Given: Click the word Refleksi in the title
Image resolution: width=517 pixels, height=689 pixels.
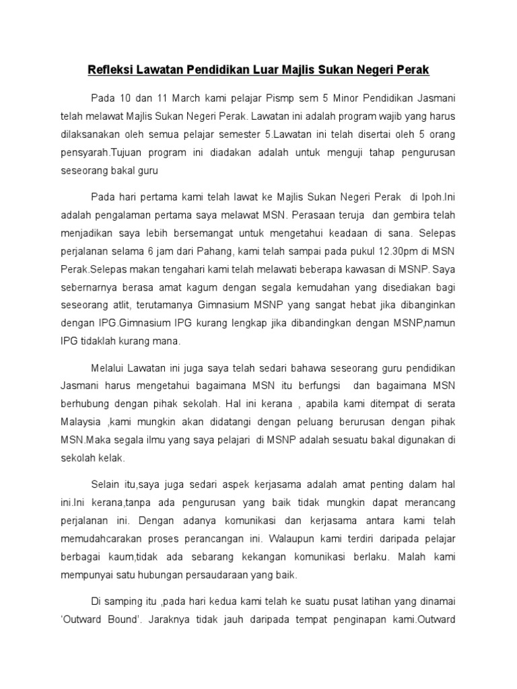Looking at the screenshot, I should coord(111,69).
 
